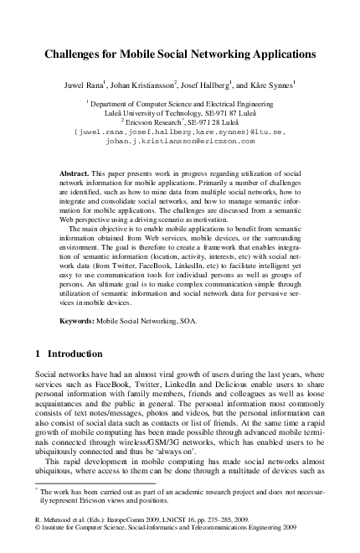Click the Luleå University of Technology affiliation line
point(180,111)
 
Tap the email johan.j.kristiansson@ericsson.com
point(178,142)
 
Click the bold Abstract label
point(76,172)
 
